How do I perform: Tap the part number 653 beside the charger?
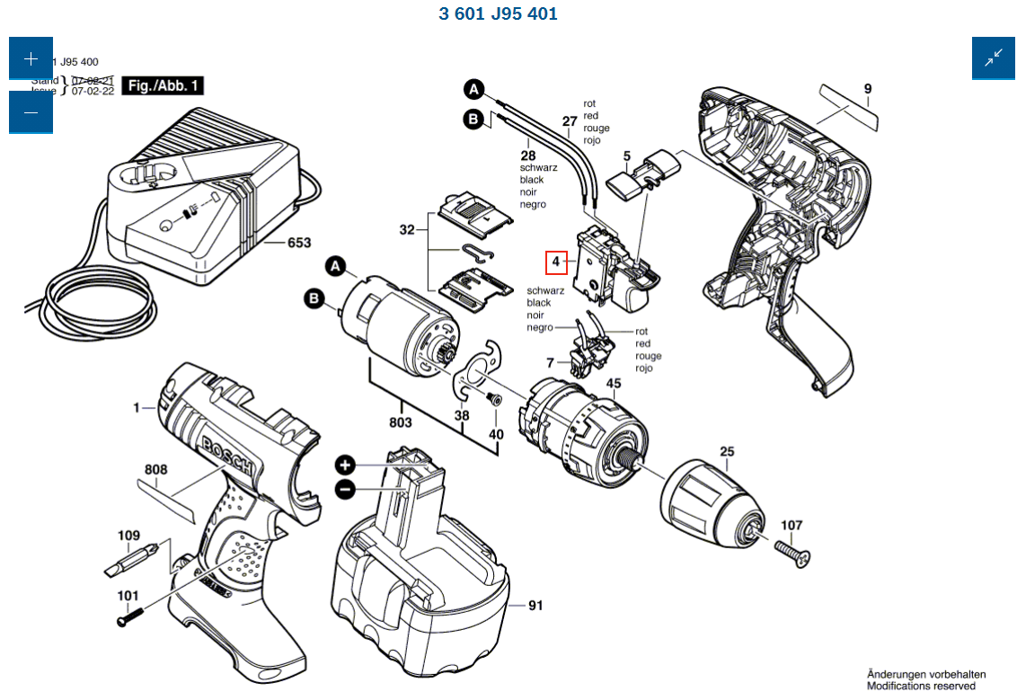pos(299,243)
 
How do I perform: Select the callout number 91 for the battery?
pos(535,606)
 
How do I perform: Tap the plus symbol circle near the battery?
pos(346,465)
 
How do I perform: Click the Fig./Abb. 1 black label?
pos(163,86)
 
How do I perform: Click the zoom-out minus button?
pos(31,112)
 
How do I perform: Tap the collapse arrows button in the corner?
pos(993,58)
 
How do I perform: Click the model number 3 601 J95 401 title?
pos(499,13)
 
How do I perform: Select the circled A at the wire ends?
pos(474,89)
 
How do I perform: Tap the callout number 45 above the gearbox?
pos(614,385)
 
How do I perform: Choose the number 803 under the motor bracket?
pos(401,422)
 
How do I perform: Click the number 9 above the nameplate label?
pos(868,89)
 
